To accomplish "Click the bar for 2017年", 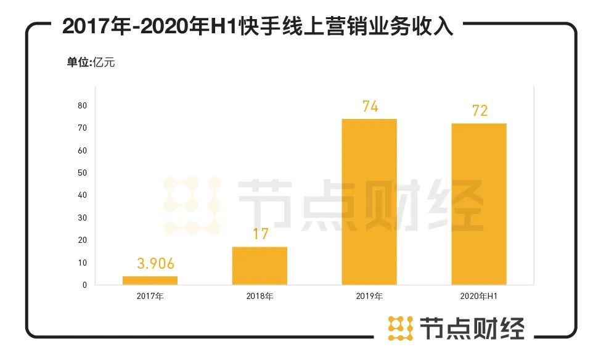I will tap(150, 280).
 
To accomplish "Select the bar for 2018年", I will tap(260, 266).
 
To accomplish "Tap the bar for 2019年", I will tap(369, 202).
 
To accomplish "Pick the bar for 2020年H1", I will tap(479, 204).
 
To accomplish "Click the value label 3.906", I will tap(150, 265).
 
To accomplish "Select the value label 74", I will tap(370, 107).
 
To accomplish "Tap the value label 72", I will tap(480, 111).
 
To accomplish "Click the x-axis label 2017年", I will tap(150, 297).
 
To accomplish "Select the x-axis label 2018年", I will tap(260, 297).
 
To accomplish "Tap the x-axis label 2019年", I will tap(369, 297).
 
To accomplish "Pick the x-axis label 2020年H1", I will tap(479, 297).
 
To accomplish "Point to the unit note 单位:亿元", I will tap(91, 62).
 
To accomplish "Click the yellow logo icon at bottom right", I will tap(400, 328).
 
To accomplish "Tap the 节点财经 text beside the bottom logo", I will tap(472, 328).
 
